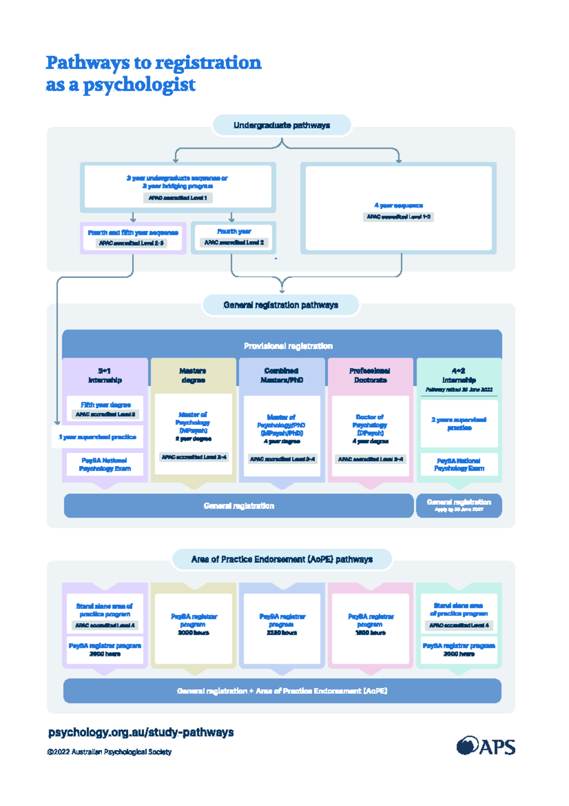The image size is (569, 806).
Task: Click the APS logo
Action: pos(486,746)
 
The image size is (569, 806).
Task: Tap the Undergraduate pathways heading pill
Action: pos(282,125)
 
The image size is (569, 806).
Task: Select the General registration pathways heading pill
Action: pos(281,305)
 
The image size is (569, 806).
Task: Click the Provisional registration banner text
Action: pos(288,346)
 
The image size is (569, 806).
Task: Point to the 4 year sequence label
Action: pos(398,206)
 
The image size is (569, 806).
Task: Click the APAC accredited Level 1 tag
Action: pos(178,197)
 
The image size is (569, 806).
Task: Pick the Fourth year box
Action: pos(234,237)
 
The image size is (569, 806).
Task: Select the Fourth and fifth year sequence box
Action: pos(133,238)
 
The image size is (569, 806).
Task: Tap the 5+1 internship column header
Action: pos(105,375)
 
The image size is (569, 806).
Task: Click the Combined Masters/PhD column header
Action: pos(282,375)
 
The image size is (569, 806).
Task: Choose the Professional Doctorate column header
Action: pos(370,375)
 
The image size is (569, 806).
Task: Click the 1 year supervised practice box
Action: pos(97,437)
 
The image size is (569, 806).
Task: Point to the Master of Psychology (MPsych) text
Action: pos(193,422)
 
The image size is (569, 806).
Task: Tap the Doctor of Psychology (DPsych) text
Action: pos(370,424)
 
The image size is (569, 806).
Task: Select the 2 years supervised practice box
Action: pos(459,423)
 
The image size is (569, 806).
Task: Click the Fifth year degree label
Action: pos(105,405)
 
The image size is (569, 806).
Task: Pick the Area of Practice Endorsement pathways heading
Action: pos(282,559)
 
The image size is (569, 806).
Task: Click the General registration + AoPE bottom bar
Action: pos(282,691)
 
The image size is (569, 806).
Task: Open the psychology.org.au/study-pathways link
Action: pos(141,732)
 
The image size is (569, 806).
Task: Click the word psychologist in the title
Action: pos(139,85)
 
